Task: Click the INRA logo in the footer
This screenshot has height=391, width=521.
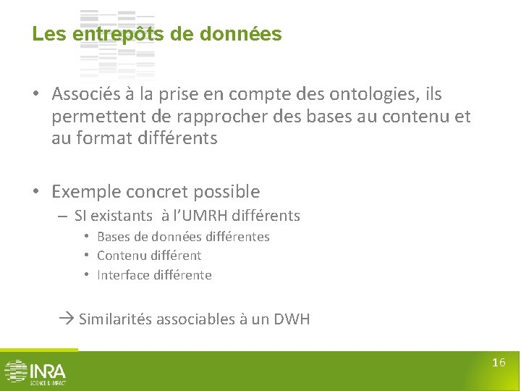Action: (35, 371)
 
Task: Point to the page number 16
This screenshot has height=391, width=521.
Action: (499, 363)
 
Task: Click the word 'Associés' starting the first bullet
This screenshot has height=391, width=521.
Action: (86, 94)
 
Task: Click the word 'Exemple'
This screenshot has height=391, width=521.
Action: (86, 192)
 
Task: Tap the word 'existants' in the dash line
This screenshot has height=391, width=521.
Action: (122, 216)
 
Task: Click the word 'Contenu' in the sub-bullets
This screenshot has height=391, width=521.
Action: (120, 256)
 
